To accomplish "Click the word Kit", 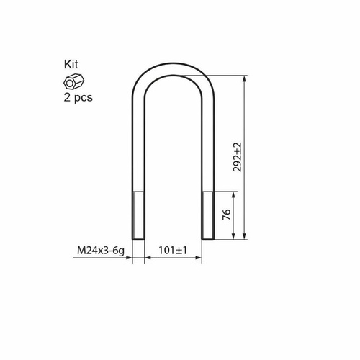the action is pos(71,64).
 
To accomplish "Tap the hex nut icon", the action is pos(73,81).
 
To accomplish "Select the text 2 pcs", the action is pos(78,97).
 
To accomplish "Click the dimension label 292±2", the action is pos(238,157).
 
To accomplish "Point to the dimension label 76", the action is pos(227,215).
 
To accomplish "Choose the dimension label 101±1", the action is pos(173,251).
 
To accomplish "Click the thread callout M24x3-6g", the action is pos(101,251).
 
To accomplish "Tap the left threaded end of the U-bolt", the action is pos(138,215).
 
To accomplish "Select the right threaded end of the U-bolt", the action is pos(208,215).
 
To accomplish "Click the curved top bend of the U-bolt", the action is pos(173,68).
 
